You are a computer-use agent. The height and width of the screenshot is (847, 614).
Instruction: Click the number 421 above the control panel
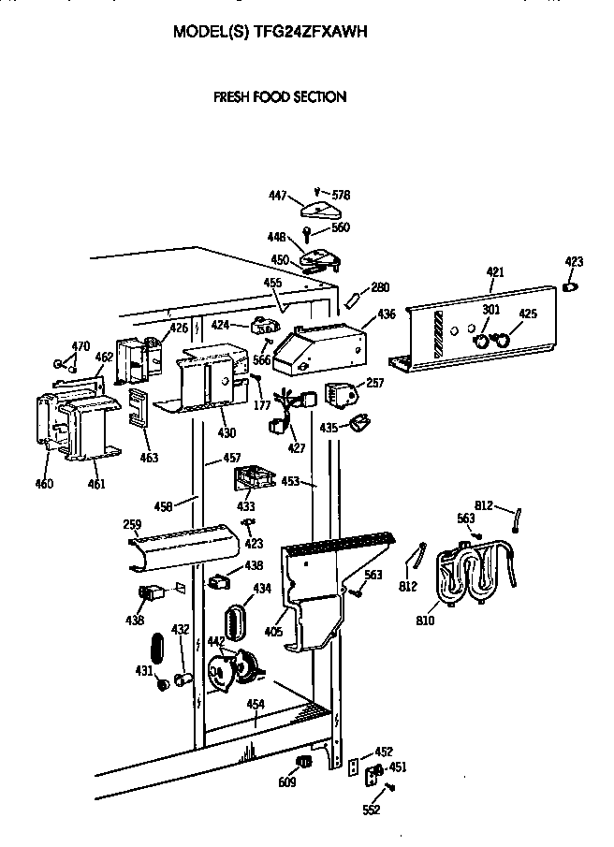(495, 271)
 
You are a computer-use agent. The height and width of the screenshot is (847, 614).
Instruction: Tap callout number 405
(273, 632)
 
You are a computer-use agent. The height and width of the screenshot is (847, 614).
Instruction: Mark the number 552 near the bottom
(372, 810)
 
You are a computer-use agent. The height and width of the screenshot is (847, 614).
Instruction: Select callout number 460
(44, 484)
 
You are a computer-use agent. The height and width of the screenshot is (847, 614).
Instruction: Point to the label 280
(380, 287)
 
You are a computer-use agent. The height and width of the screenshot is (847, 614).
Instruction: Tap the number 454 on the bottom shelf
(255, 704)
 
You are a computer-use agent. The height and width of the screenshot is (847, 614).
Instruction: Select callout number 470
(80, 346)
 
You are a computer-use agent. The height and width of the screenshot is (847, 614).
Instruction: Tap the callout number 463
(149, 458)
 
